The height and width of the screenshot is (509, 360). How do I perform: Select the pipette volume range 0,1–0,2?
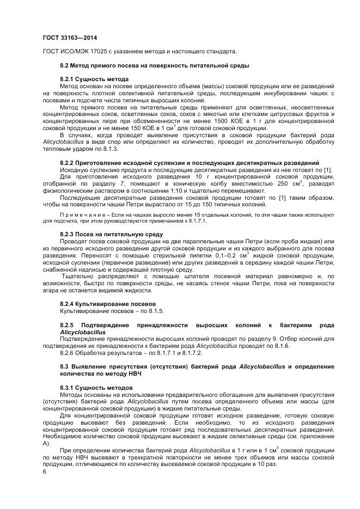[225, 255]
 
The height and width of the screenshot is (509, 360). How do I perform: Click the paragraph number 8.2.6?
[69, 353]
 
